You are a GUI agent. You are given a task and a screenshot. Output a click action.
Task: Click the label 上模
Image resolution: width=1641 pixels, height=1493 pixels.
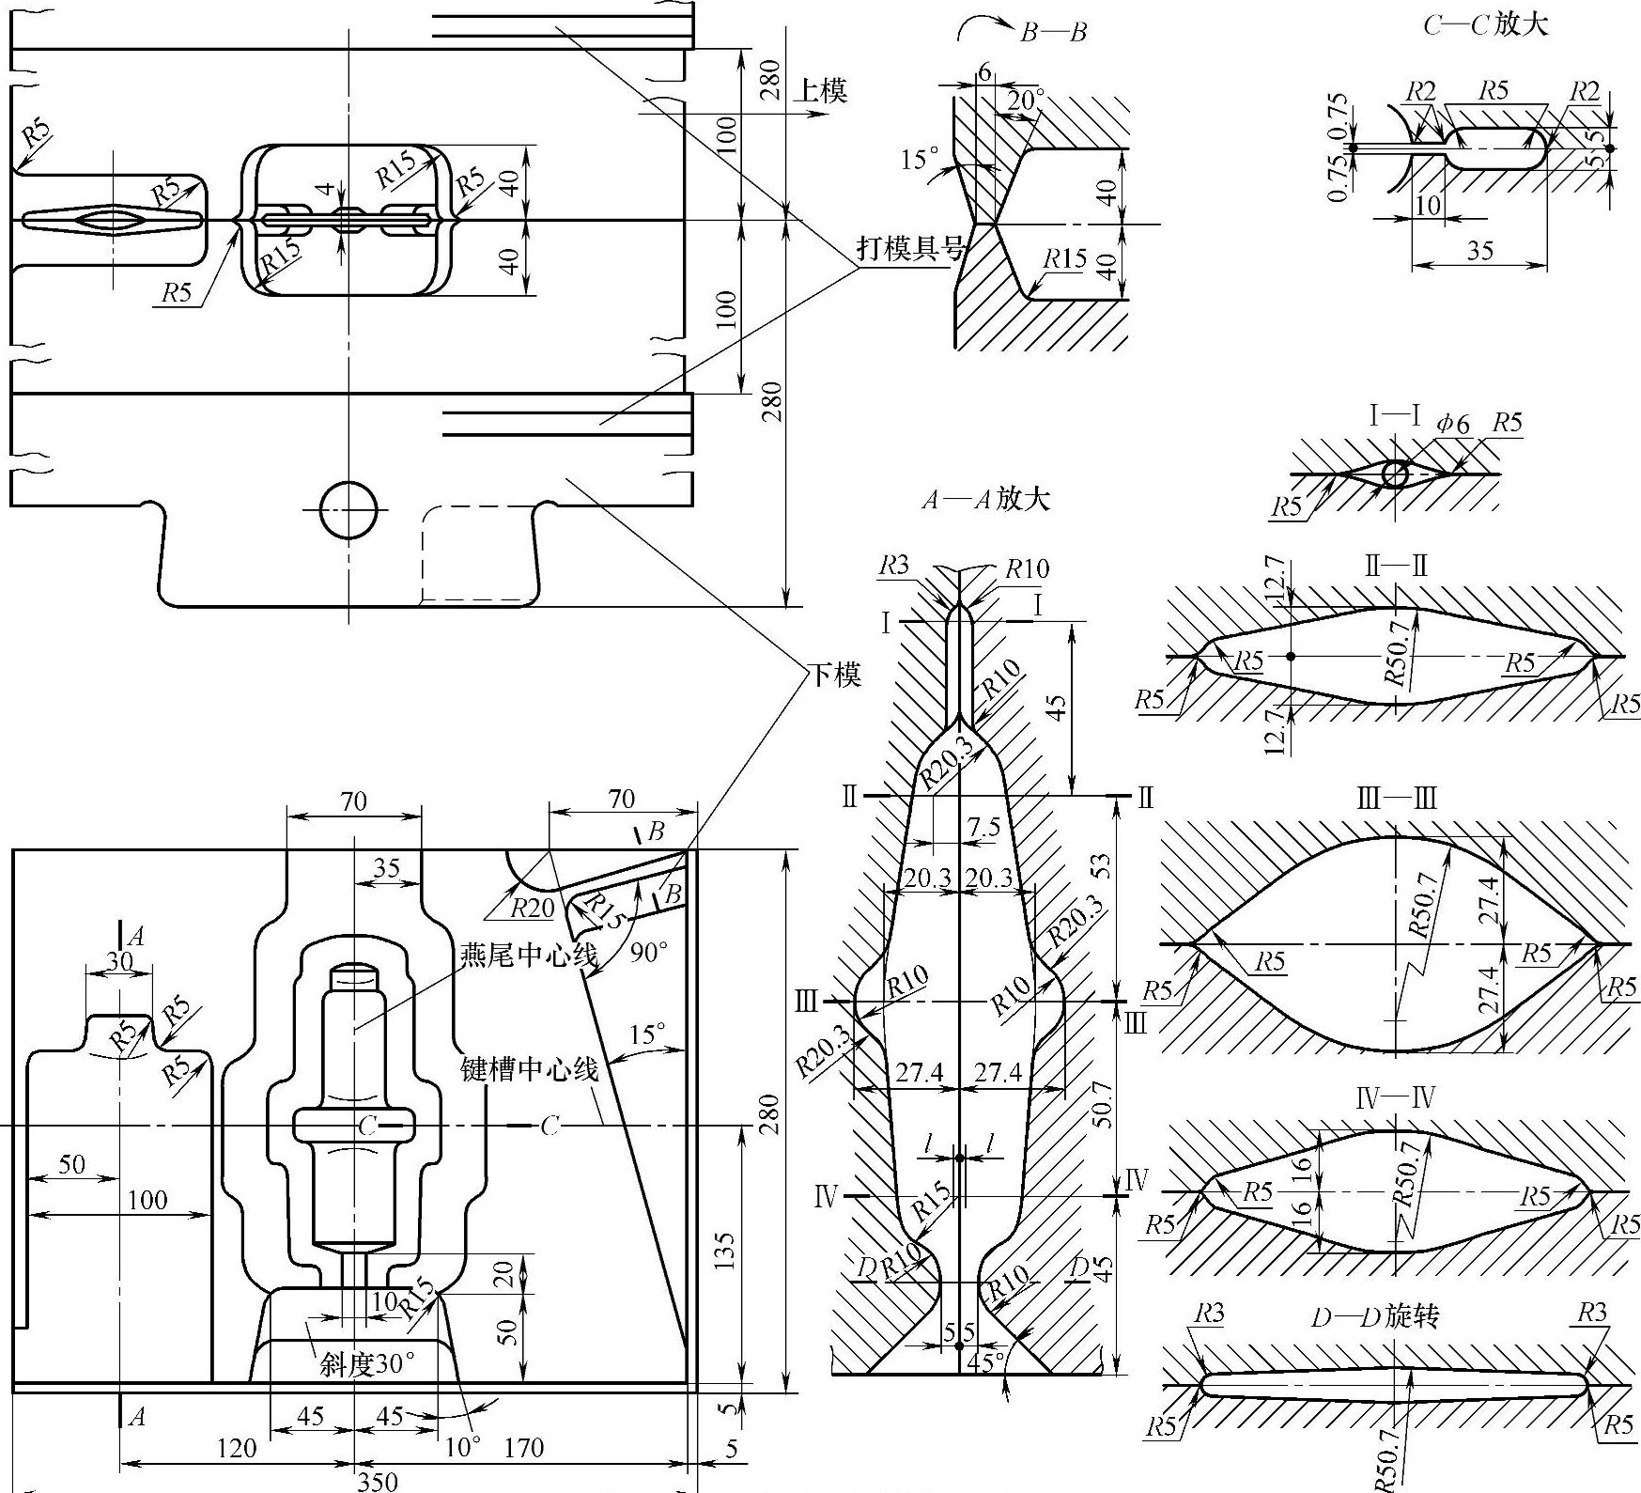pyautogui.click(x=822, y=90)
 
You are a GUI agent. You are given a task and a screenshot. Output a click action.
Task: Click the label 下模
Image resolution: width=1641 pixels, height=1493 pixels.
pyautogui.click(x=835, y=674)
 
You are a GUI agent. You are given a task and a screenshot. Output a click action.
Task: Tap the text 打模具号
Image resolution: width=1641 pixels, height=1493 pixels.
pyautogui.click(x=911, y=248)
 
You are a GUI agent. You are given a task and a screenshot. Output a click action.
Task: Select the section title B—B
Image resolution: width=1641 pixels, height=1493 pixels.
pyautogui.click(x=1053, y=33)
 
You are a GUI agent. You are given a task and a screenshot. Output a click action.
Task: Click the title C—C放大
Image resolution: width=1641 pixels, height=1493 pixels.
pyautogui.click(x=1485, y=23)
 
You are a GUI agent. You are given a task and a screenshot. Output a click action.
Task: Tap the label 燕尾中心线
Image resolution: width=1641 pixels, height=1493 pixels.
pyautogui.click(x=529, y=956)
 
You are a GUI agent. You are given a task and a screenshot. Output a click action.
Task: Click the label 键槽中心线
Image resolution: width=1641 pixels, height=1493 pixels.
pyautogui.click(x=530, y=1069)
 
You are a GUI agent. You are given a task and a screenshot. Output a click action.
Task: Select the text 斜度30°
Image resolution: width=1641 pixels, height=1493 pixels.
pyautogui.click(x=367, y=1363)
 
